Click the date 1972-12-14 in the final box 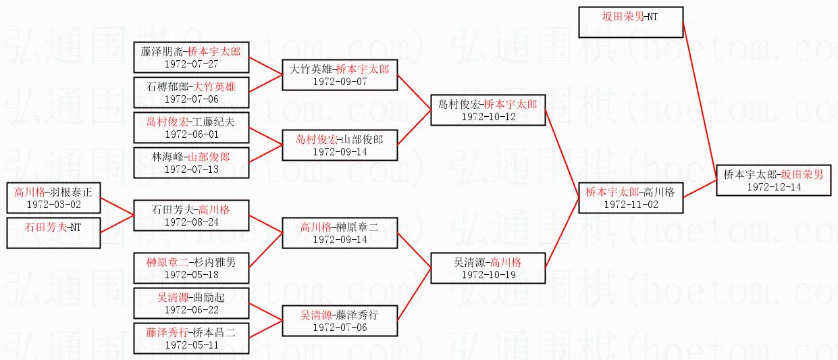point(774,186)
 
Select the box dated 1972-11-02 point(631,198)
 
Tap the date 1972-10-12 point(489,116)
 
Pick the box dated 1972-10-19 point(488,268)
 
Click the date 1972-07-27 point(192,63)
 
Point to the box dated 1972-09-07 point(340,75)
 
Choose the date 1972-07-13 point(192,169)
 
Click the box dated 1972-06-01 point(191,128)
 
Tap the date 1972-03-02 point(54,205)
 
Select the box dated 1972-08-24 point(191,215)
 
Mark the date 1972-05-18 point(192,275)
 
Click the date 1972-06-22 point(192,310)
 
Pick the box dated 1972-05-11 point(191,338)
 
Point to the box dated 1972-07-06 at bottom point(340,321)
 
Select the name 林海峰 point(167,157)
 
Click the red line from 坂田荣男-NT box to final point(700,101)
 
